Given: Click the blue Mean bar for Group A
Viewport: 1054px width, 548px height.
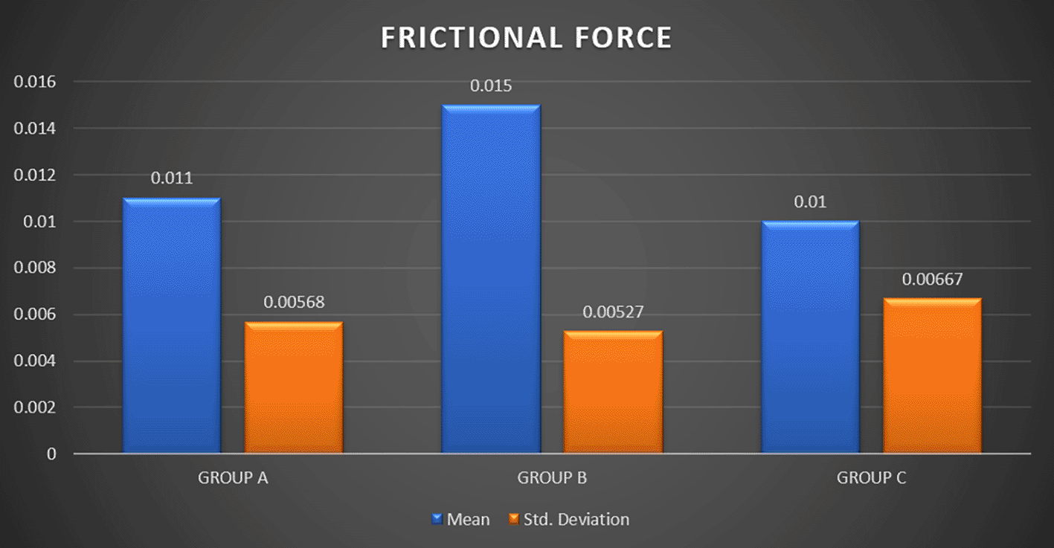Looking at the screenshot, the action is click(172, 326).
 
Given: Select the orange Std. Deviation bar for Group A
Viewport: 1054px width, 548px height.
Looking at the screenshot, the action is click(294, 387).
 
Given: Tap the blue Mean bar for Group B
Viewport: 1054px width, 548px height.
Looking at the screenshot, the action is click(491, 279).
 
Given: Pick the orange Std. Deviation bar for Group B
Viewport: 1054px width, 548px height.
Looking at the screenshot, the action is click(613, 393).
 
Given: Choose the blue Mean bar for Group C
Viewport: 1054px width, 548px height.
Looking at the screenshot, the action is click(810, 338).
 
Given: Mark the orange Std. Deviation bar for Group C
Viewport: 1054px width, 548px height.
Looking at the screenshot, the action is click(933, 375).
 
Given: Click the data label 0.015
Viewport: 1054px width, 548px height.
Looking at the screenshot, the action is click(491, 86).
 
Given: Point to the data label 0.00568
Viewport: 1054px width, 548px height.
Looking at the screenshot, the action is click(294, 302).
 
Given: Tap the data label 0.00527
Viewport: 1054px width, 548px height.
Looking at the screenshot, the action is click(613, 312).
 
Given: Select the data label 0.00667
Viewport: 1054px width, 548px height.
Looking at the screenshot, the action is click(932, 280).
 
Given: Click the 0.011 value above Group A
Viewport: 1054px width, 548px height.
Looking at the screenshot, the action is click(172, 178).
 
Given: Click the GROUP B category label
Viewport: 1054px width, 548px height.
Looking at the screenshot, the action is click(552, 478).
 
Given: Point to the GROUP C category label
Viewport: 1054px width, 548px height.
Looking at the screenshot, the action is click(871, 478).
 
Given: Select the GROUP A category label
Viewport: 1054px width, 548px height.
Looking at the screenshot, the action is click(233, 478).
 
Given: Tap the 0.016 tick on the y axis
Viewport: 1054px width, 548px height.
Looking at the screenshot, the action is click(35, 82).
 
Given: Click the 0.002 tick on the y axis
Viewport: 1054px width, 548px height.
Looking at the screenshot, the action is click(35, 407).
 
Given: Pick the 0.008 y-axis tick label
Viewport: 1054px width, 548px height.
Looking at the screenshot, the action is click(35, 268).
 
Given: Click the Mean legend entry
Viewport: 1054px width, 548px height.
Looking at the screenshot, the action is click(460, 519).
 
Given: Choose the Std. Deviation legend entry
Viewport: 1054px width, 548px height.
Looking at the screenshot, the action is click(569, 519).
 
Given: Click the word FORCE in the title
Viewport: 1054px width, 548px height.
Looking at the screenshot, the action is click(623, 38).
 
